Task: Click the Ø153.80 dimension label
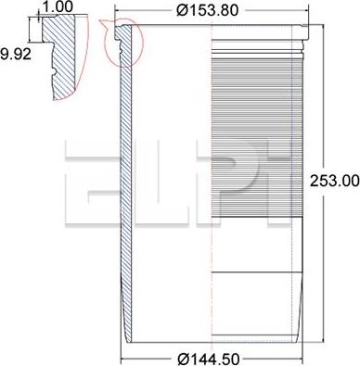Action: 208,10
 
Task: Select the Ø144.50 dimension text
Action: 209,360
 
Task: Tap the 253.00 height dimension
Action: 335,181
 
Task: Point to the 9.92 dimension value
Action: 16,54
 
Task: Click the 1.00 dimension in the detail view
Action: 58,6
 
